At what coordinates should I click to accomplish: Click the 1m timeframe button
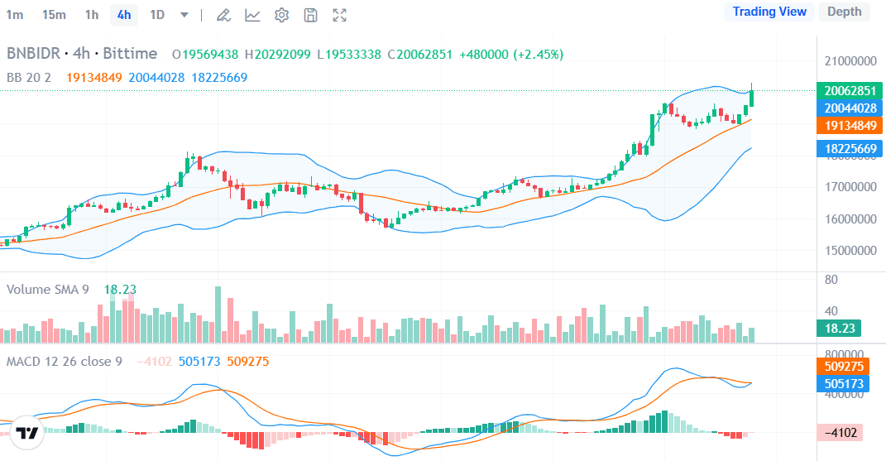coord(15,15)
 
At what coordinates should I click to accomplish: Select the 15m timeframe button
coord(54,15)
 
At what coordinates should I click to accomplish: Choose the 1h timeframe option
coord(92,15)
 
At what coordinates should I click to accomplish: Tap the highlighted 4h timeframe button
coord(124,15)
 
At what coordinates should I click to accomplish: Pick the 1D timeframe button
coord(157,15)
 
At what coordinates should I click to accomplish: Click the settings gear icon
coord(281,15)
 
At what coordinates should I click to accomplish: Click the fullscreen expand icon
coord(339,15)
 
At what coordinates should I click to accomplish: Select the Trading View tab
coord(769,12)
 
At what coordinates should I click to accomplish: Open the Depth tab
coord(844,12)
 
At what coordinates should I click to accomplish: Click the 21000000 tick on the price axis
coord(850,61)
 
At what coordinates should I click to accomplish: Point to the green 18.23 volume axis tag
coord(839,329)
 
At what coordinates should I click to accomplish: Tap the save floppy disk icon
coord(310,15)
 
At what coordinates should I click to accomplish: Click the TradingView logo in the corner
coord(27,433)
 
